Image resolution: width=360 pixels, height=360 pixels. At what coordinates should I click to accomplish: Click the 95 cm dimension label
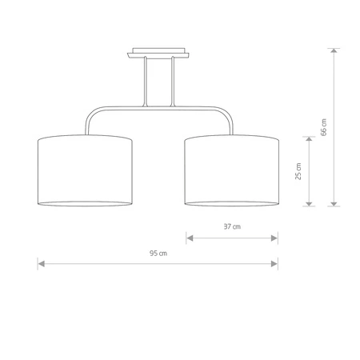click(158, 254)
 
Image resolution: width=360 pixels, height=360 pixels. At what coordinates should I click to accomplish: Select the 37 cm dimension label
click(231, 226)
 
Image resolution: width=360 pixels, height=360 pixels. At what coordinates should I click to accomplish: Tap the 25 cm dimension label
click(298, 171)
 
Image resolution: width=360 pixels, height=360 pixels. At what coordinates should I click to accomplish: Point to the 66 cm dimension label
click(323, 127)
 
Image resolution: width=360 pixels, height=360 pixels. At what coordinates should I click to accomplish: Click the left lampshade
click(85, 170)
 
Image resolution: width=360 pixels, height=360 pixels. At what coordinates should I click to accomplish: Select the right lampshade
click(231, 170)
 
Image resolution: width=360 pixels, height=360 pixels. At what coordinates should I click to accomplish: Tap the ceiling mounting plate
click(158, 55)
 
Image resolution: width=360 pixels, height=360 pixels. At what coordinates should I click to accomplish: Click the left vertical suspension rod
click(146, 84)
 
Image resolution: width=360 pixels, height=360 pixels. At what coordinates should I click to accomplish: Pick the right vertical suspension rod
click(171, 84)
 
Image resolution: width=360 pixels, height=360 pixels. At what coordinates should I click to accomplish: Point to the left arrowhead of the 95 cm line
click(41, 262)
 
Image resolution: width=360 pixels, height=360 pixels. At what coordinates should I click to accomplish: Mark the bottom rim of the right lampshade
click(231, 202)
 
